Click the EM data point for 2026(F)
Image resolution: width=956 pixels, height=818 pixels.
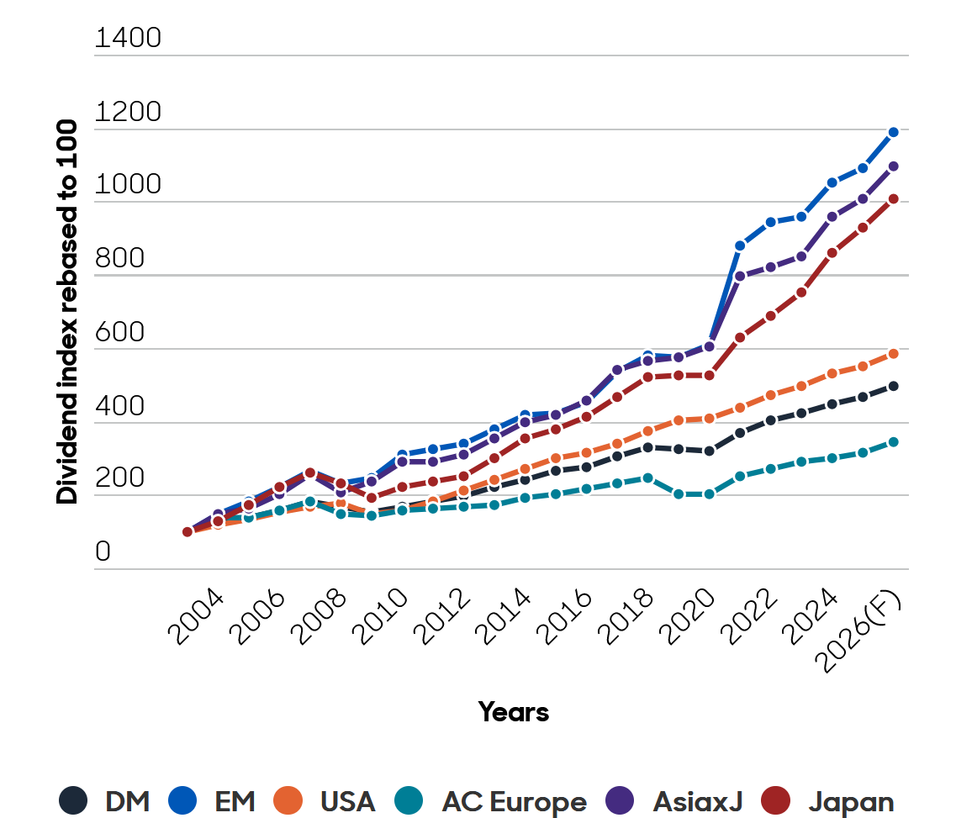click(893, 132)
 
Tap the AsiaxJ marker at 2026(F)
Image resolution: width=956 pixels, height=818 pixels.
click(893, 166)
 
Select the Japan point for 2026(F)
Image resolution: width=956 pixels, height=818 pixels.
click(893, 199)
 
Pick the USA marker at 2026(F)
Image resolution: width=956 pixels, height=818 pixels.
click(893, 354)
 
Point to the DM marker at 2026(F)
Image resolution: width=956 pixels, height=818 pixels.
click(893, 386)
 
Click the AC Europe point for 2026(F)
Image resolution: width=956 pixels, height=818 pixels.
click(893, 442)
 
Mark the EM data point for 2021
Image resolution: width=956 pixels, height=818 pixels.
click(740, 245)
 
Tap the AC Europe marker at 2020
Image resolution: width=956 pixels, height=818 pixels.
click(709, 494)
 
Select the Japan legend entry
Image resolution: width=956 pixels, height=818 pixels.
click(851, 801)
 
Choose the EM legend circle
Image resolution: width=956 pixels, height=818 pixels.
click(182, 800)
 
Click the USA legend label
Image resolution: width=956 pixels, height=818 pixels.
click(347, 801)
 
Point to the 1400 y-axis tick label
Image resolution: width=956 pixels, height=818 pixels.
click(128, 39)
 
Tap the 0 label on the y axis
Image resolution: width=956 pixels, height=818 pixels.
click(103, 552)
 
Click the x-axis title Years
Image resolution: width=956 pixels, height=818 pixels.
click(514, 712)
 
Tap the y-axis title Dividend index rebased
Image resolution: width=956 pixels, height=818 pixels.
click(67, 311)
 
